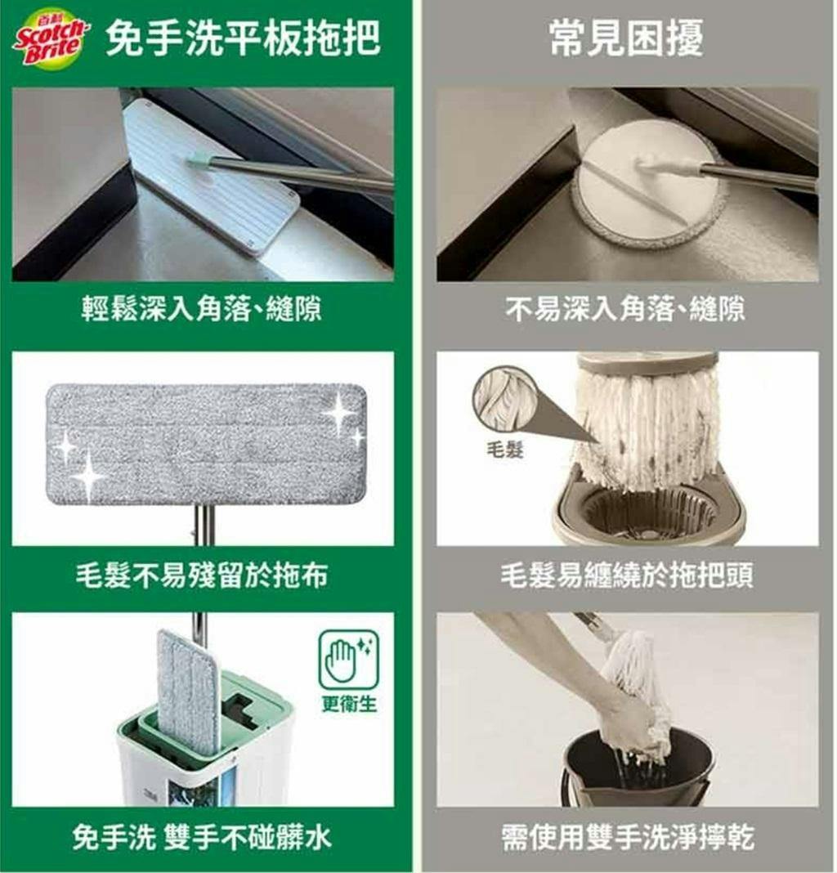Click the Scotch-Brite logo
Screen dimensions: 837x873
[51, 38]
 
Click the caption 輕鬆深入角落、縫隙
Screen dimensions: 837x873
[202, 308]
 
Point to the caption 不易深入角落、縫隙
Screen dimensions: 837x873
[625, 308]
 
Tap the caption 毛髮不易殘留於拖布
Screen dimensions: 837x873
[202, 575]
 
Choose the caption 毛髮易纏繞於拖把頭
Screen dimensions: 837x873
[626, 575]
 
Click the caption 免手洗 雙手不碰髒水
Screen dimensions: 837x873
[202, 837]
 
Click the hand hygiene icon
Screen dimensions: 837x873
[348, 660]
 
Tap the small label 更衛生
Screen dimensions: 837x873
[349, 705]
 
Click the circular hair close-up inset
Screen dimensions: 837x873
[506, 397]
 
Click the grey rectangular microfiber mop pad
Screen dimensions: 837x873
[206, 445]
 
